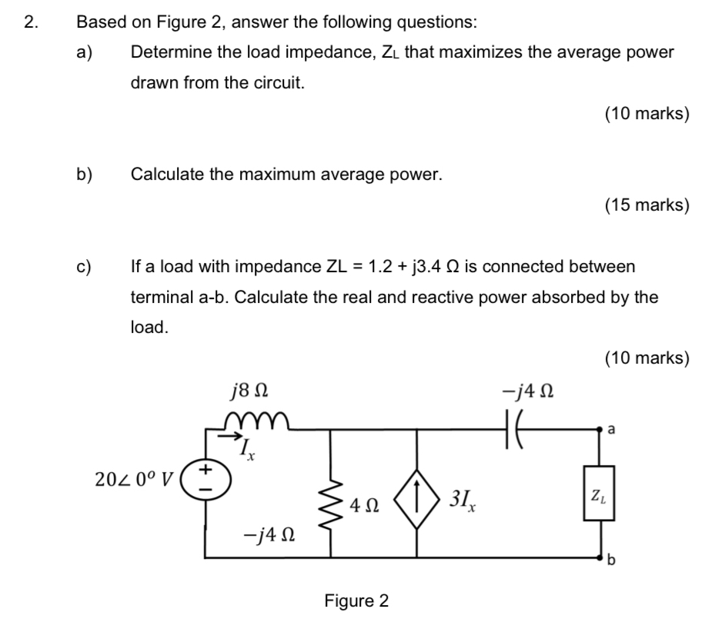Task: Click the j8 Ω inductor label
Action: tap(249, 397)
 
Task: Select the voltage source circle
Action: tap(205, 479)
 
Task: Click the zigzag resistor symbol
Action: tap(331, 506)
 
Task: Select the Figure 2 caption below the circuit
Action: tap(356, 600)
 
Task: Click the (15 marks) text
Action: tap(646, 205)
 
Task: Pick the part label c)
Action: tap(84, 267)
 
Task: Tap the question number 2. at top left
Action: tap(30, 22)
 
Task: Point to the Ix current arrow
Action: tap(230, 435)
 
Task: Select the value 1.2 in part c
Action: tap(382, 267)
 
